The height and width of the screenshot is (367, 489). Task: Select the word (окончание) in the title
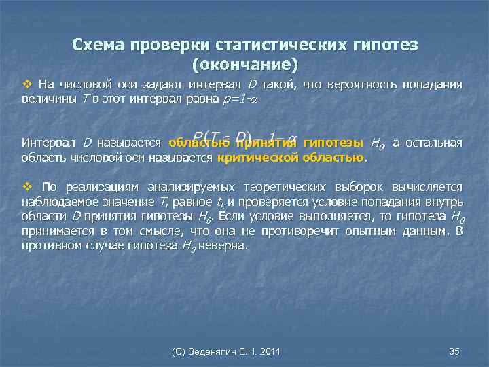(x=245, y=65)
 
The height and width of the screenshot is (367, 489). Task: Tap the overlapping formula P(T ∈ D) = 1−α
(x=244, y=138)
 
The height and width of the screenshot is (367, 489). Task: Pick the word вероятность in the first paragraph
(x=364, y=85)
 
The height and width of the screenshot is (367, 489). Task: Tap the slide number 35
(x=455, y=351)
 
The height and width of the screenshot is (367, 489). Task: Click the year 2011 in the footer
(x=268, y=351)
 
